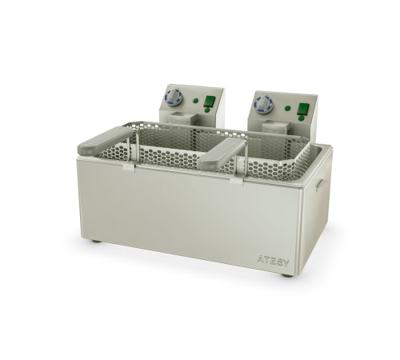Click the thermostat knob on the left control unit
(174, 98)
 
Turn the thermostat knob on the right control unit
(264, 105)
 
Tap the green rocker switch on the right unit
(303, 109)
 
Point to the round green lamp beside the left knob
(196, 101)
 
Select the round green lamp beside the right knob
(287, 108)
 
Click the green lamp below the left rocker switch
(207, 110)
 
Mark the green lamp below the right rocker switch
(301, 118)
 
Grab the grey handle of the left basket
(105, 141)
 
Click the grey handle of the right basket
(222, 154)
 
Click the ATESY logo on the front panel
(273, 261)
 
